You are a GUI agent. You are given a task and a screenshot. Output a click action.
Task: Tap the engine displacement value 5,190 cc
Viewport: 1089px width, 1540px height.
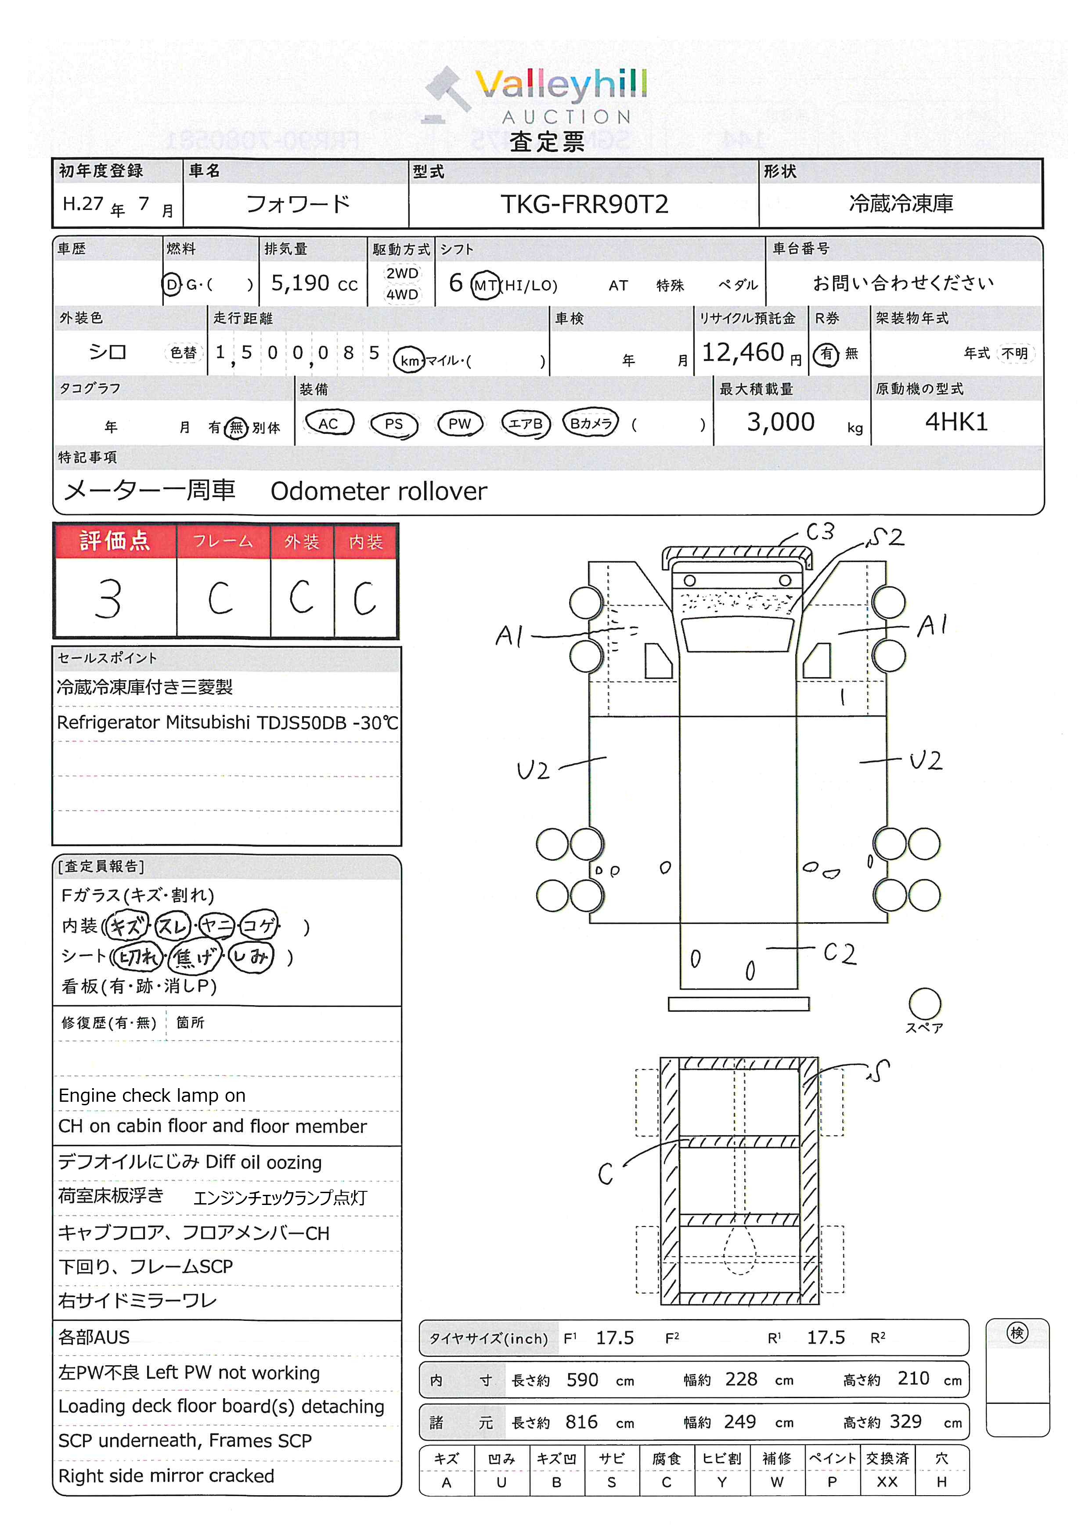314,284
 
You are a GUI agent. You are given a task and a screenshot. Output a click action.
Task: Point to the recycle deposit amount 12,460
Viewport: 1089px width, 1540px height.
743,352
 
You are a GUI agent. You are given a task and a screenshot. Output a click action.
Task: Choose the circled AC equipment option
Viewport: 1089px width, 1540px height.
328,423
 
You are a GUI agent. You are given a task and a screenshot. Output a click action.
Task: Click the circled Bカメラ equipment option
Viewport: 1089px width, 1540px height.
591,423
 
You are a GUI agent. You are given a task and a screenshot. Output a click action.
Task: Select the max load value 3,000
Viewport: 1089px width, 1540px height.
781,422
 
